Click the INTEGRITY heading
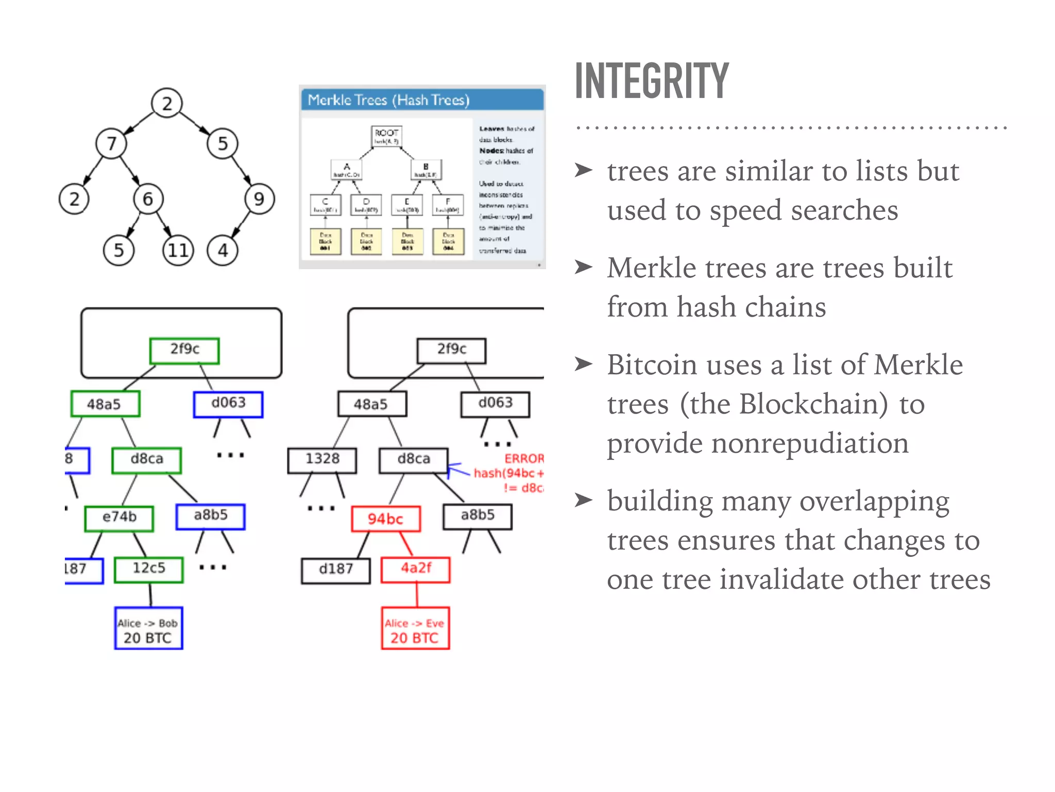coord(651,81)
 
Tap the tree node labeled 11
coord(178,251)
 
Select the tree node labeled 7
coord(111,143)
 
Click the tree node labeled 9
coord(259,199)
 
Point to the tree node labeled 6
coord(148,199)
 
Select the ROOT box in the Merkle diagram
coord(386,136)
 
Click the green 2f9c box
coord(184,351)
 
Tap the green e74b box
coord(119,518)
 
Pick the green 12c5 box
coord(149,569)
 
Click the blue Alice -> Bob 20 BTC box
coord(148,628)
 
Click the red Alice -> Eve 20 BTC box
coord(415,628)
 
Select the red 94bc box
coord(385,519)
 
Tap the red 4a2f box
coord(415,569)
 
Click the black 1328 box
coord(322,460)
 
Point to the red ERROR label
coord(523,459)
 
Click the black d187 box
coord(336,570)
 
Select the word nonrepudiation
coord(757,443)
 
